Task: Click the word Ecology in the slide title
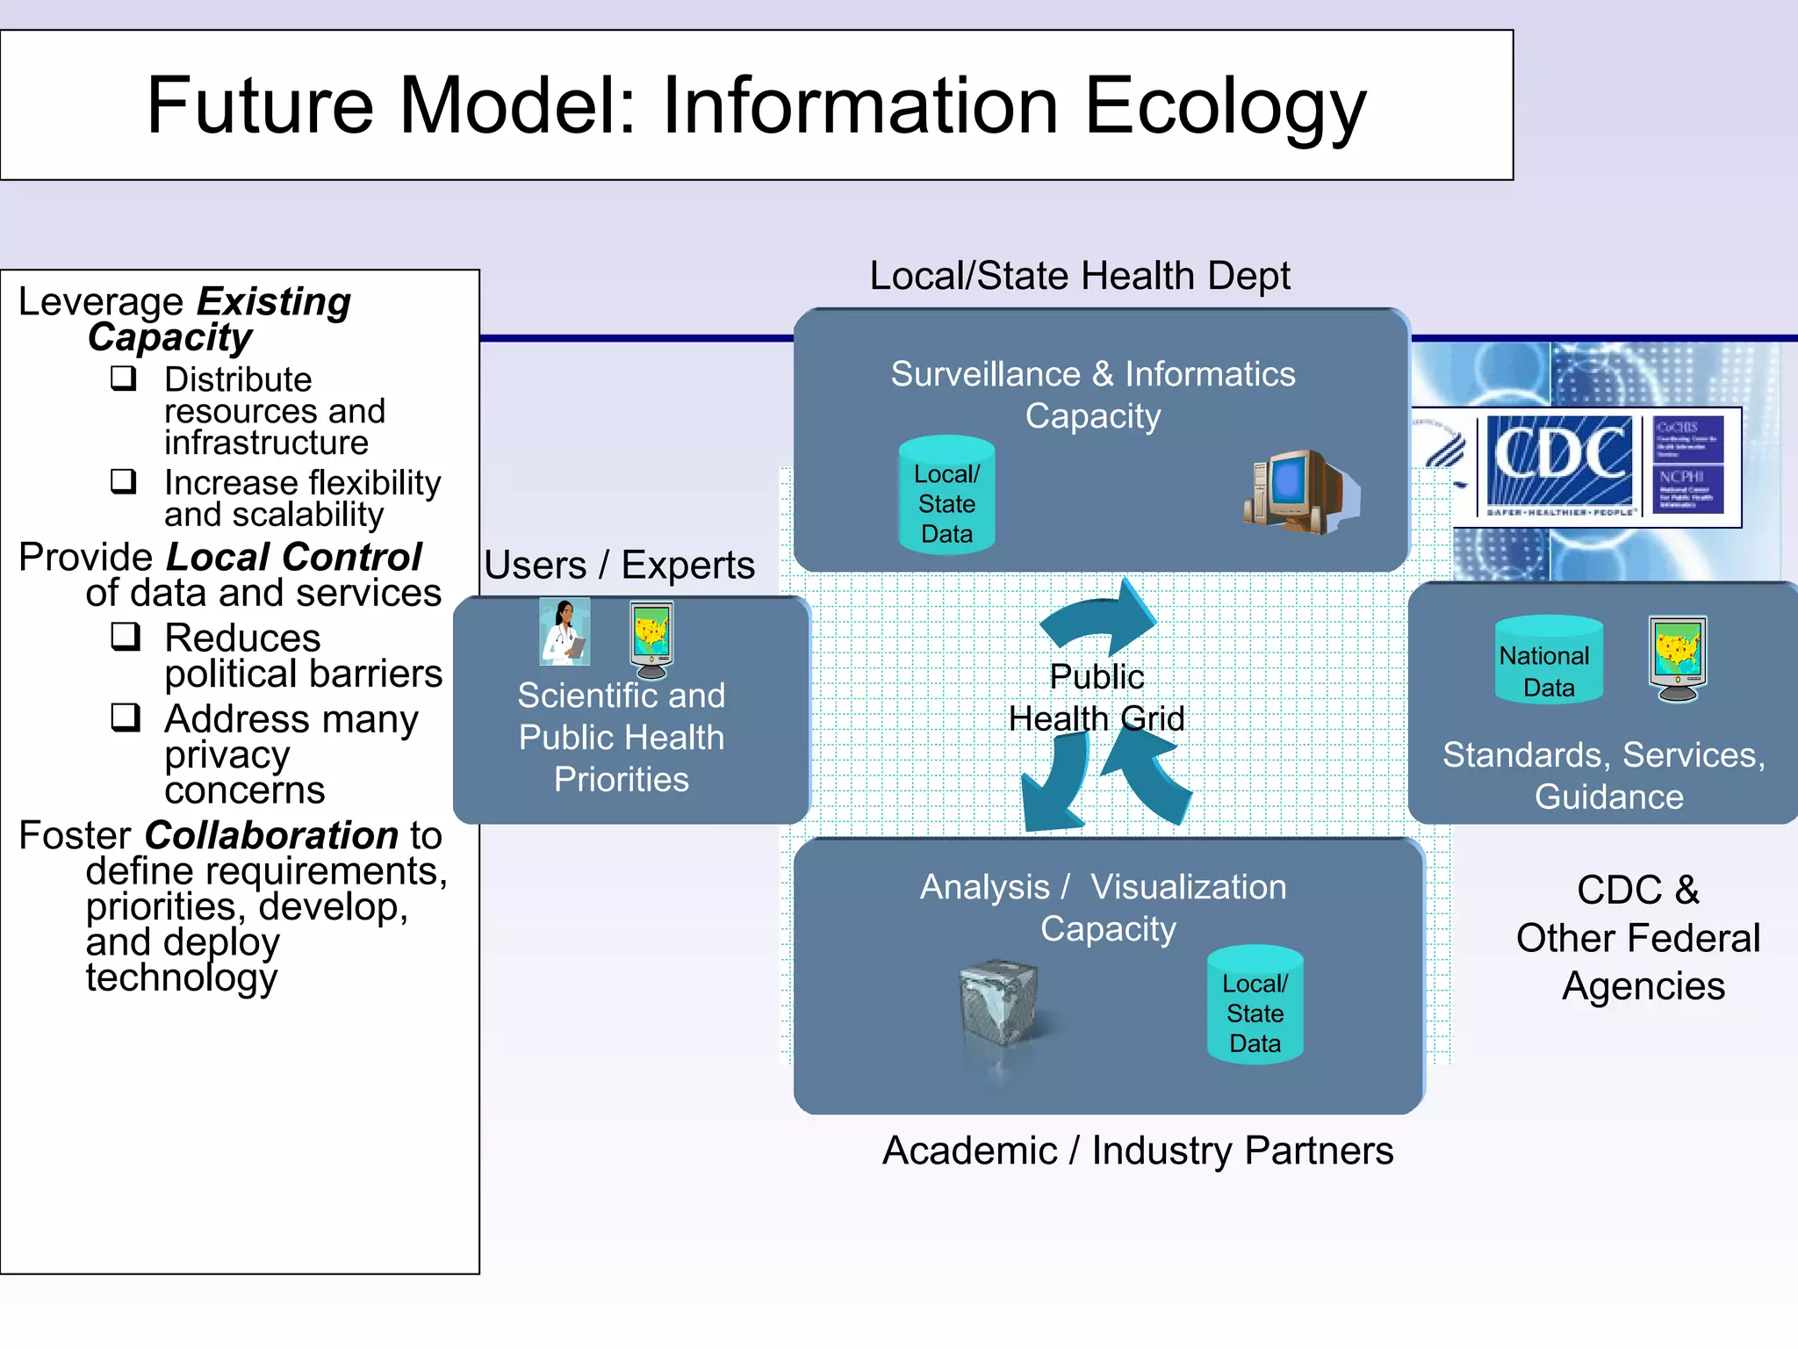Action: [1225, 107]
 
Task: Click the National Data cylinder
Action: [1549, 660]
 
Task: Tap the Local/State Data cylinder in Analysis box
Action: [1255, 1006]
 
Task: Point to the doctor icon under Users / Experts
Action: [565, 632]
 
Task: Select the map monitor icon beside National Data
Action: [1678, 658]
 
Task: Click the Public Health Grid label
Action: [1097, 698]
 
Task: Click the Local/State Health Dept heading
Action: [1079, 276]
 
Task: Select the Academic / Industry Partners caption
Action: [1137, 1151]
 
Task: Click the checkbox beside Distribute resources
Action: [124, 379]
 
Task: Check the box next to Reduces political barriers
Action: [126, 636]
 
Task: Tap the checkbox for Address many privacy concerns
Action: [126, 718]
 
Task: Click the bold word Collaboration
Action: [272, 835]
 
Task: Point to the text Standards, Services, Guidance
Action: [1605, 775]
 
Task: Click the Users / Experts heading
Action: [619, 565]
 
